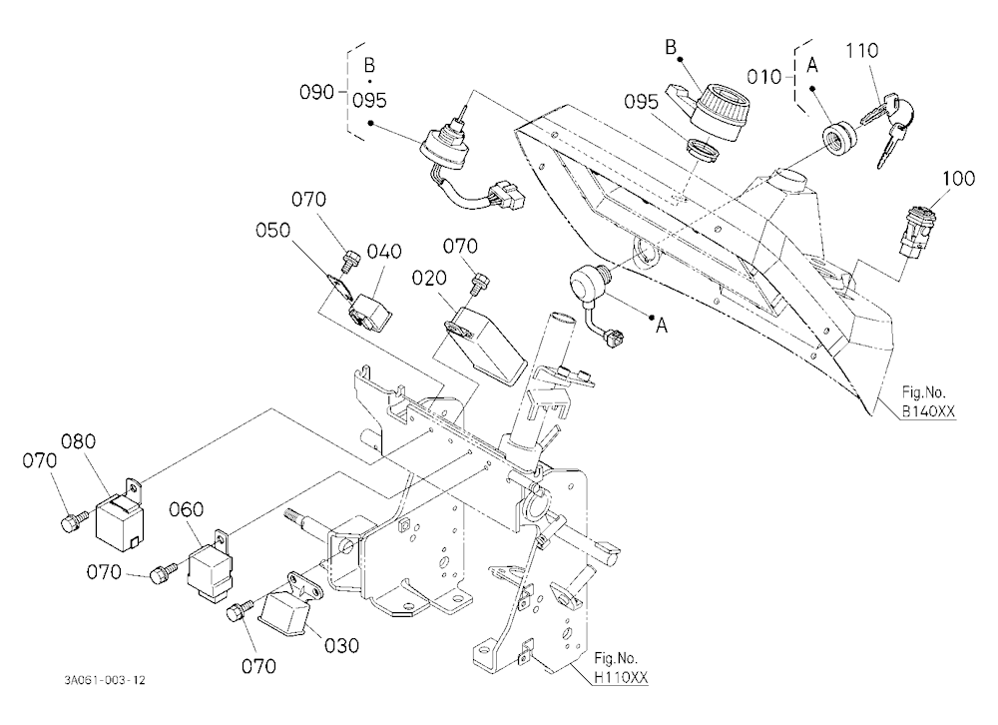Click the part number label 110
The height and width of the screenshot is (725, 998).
click(x=862, y=50)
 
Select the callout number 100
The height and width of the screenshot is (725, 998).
click(x=958, y=178)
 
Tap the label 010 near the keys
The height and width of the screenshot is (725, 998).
click(x=763, y=77)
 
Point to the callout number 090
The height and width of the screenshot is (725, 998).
click(x=316, y=93)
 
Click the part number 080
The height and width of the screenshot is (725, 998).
click(x=78, y=440)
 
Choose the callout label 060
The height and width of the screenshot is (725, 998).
click(x=187, y=509)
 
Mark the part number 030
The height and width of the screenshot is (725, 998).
click(x=341, y=645)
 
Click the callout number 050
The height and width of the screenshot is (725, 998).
click(x=272, y=230)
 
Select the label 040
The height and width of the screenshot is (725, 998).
click(x=384, y=251)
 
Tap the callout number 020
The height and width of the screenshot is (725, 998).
click(x=429, y=278)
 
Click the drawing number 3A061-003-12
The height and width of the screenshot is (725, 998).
click(x=105, y=680)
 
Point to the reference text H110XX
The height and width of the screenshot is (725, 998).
click(x=621, y=678)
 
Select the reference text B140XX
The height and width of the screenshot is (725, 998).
click(x=928, y=411)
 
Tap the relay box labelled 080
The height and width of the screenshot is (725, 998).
click(x=121, y=516)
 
